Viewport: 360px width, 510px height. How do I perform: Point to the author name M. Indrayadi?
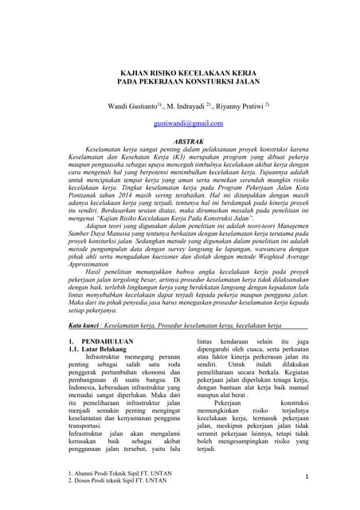click(x=187, y=106)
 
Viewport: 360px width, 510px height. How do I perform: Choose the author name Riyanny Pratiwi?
click(x=238, y=106)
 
